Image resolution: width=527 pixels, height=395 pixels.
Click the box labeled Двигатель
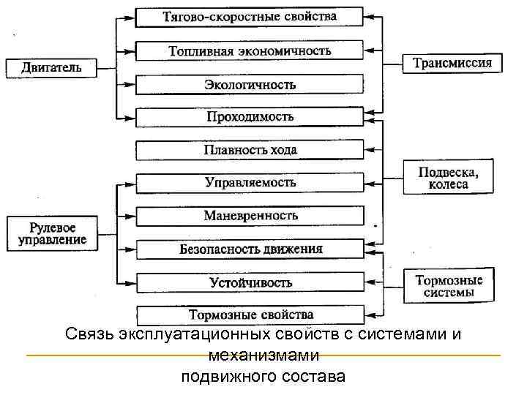[x=51, y=68]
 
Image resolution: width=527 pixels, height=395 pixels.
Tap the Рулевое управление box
[x=52, y=230]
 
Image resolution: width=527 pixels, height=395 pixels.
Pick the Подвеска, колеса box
[x=448, y=178]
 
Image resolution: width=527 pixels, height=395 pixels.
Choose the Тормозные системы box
[x=449, y=286]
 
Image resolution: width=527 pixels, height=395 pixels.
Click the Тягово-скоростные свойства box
[x=250, y=17]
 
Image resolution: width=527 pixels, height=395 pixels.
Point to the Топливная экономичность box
[x=250, y=50]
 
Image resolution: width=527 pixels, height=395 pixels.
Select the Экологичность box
[x=250, y=84]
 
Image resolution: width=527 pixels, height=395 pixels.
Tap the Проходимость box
[x=250, y=117]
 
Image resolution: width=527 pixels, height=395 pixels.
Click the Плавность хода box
[x=250, y=150]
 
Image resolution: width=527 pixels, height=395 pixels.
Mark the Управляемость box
[x=250, y=183]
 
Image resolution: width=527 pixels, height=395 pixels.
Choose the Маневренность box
[x=250, y=216]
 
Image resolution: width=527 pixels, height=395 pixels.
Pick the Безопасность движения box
[x=250, y=249]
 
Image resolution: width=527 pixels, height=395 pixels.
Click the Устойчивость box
[x=250, y=282]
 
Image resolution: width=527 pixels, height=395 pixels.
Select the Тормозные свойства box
[x=250, y=315]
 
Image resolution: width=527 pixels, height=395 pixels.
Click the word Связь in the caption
[x=86, y=336]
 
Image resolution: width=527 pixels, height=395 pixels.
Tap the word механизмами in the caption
[x=263, y=356]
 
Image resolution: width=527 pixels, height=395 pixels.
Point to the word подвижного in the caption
[x=226, y=377]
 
